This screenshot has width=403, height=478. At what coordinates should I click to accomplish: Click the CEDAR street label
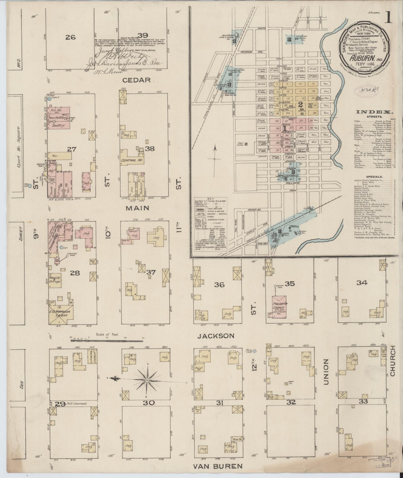click(x=140, y=80)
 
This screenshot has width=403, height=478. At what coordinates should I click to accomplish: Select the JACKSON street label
click(x=216, y=336)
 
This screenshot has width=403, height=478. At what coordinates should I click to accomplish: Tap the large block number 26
click(x=70, y=37)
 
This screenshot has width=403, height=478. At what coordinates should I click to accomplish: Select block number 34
click(x=362, y=283)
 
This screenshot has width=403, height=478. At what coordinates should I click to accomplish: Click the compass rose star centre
click(x=147, y=387)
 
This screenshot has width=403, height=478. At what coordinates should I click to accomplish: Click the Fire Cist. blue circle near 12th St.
click(x=255, y=351)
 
